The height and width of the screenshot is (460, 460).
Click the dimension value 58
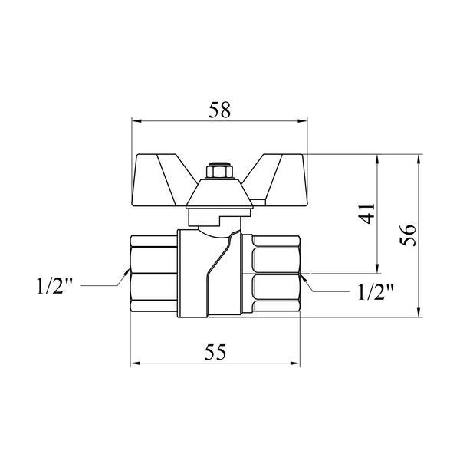[220, 110]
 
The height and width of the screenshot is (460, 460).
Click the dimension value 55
[215, 352]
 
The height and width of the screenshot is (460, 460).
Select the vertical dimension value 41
[367, 213]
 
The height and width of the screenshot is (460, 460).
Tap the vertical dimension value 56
[408, 235]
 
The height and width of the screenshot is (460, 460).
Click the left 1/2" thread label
[54, 286]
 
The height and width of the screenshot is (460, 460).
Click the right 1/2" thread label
[375, 291]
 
